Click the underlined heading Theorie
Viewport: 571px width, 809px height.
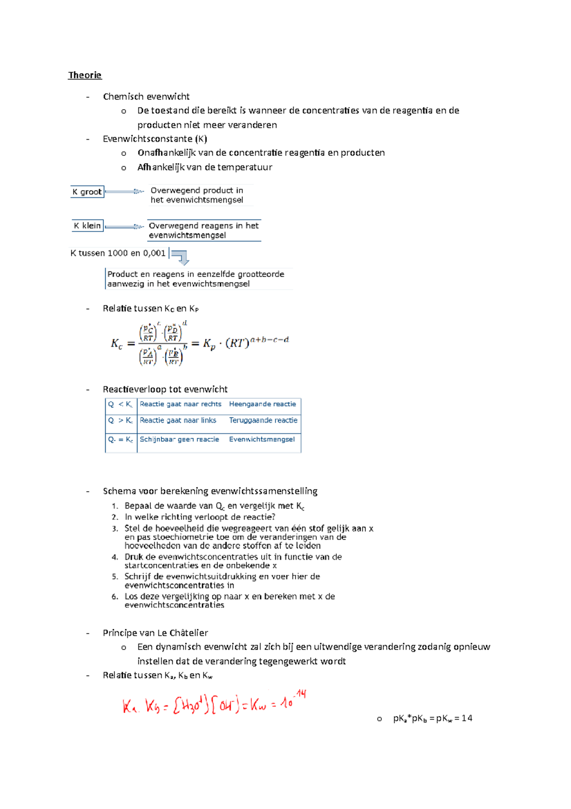pos(85,75)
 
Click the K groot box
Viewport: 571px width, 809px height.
pos(87,192)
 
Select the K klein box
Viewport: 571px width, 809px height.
pos(87,226)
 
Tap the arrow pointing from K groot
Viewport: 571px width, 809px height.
pos(124,192)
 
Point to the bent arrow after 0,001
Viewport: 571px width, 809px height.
pos(181,257)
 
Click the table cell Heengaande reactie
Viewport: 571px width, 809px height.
pos(262,404)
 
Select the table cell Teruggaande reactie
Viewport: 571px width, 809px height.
pos(263,420)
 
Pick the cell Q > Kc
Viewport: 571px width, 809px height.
pos(120,420)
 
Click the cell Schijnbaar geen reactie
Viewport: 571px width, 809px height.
pos(179,439)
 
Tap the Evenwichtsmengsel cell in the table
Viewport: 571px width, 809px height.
pos(262,439)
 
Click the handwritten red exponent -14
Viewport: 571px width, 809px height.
pos(300,694)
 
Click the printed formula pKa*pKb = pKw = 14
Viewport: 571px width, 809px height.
pos(432,718)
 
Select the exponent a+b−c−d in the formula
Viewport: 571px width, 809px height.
pos(269,340)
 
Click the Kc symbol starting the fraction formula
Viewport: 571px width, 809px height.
pos(117,344)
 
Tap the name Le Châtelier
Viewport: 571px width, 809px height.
pos(182,633)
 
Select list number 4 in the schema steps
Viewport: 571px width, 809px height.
pos(115,557)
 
